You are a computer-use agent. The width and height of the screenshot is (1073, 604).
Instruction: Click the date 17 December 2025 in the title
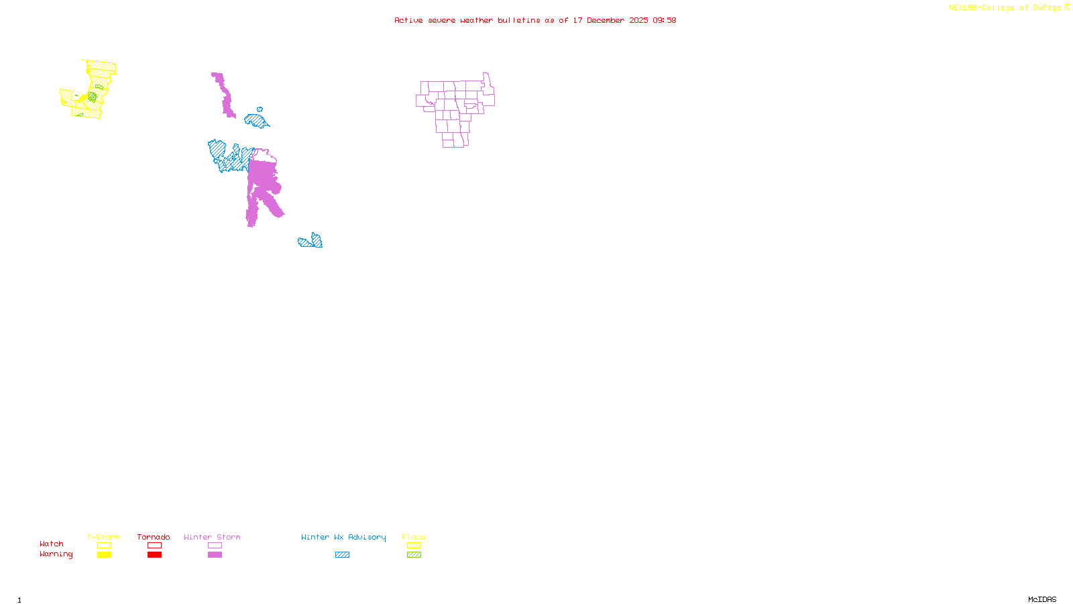click(610, 20)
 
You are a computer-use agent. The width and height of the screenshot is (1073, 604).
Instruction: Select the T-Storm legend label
click(103, 537)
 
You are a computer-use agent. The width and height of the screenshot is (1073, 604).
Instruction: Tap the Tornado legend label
click(154, 537)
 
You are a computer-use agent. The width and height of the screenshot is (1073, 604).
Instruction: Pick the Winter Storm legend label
click(212, 537)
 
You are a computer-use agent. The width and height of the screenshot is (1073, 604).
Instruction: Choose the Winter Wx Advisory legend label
click(343, 537)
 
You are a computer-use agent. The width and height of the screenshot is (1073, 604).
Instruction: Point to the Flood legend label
click(414, 537)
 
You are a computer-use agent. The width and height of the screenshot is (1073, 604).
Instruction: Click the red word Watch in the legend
click(52, 544)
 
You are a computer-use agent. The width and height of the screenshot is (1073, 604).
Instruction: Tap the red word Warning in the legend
click(56, 554)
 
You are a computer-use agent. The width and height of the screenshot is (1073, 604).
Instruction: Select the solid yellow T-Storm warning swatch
click(104, 555)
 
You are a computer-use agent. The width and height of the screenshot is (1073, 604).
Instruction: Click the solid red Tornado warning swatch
click(154, 555)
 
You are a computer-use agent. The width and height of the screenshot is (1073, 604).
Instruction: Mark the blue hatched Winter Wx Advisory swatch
click(342, 555)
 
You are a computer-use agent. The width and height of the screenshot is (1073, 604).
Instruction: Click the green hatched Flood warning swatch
click(414, 555)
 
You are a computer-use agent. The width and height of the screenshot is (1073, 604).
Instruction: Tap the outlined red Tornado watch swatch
click(154, 546)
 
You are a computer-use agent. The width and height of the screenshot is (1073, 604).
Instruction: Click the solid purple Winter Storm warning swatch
click(215, 555)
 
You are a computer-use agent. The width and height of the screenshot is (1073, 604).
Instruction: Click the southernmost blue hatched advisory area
click(310, 242)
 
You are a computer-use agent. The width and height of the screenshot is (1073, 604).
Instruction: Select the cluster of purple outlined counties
click(455, 107)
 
